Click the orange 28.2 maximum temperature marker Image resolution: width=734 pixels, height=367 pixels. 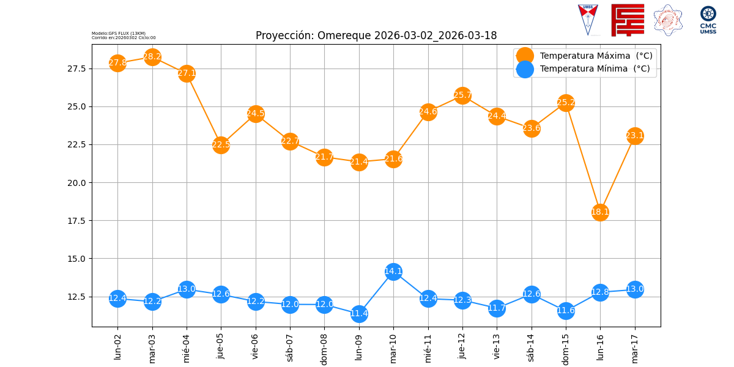click(x=152, y=57)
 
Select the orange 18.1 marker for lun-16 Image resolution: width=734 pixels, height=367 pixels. click(x=600, y=212)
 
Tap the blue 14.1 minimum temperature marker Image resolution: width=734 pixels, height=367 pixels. click(x=393, y=272)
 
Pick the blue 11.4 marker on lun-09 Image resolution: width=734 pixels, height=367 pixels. click(x=359, y=314)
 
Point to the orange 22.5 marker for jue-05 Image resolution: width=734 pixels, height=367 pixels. click(x=221, y=145)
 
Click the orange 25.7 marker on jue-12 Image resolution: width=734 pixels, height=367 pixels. click(x=462, y=95)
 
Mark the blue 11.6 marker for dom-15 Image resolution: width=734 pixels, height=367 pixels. click(x=566, y=311)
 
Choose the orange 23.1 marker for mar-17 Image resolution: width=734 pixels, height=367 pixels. click(x=635, y=136)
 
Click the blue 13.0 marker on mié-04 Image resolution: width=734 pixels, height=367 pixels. click(x=187, y=289)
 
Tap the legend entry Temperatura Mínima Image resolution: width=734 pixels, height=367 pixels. click(x=594, y=69)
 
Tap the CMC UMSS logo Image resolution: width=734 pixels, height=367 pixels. click(x=708, y=20)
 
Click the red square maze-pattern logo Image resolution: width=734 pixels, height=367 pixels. click(x=628, y=20)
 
